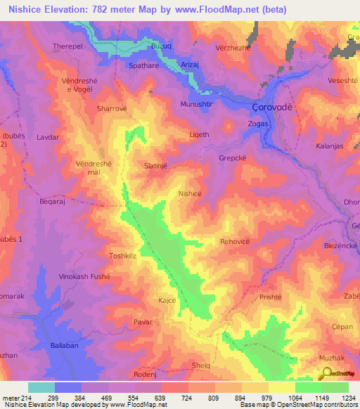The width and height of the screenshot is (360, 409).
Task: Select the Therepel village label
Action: (x=68, y=47)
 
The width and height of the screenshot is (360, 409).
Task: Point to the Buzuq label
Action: (x=162, y=46)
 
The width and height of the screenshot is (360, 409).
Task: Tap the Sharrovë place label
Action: (x=110, y=110)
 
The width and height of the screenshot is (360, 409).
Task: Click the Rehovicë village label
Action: (x=236, y=241)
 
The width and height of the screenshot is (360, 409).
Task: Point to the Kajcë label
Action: (x=167, y=300)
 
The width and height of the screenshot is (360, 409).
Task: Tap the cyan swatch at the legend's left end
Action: (x=41, y=387)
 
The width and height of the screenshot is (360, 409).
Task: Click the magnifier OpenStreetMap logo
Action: (x=323, y=375)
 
